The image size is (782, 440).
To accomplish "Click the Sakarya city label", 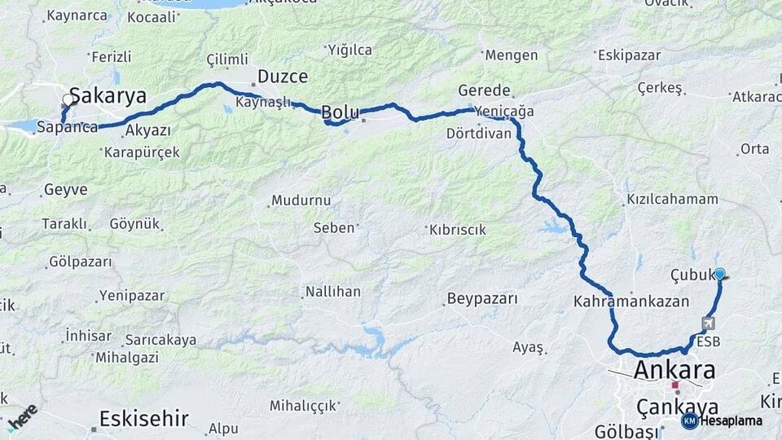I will (108, 96).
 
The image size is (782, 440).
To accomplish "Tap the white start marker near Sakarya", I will (68, 100).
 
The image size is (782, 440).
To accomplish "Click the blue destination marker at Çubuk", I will (719, 275).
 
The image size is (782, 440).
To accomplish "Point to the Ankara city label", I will (674, 371).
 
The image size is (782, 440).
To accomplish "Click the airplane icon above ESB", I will (705, 323).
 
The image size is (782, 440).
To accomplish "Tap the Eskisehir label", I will (143, 419).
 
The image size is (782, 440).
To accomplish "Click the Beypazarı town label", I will (482, 299).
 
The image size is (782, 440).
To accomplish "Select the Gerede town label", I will (484, 90).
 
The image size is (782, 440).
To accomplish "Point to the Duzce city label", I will (283, 77).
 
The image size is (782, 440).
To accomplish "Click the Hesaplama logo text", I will (731, 420).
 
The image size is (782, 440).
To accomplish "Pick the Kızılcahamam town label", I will (672, 199).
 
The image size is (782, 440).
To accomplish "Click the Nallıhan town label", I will (332, 291).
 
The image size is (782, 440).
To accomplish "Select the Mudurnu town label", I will (301, 200).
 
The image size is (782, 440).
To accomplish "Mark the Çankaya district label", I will (678, 407).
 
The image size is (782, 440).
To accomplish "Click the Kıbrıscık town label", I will (457, 230).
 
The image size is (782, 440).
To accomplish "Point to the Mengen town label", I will (511, 55).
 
